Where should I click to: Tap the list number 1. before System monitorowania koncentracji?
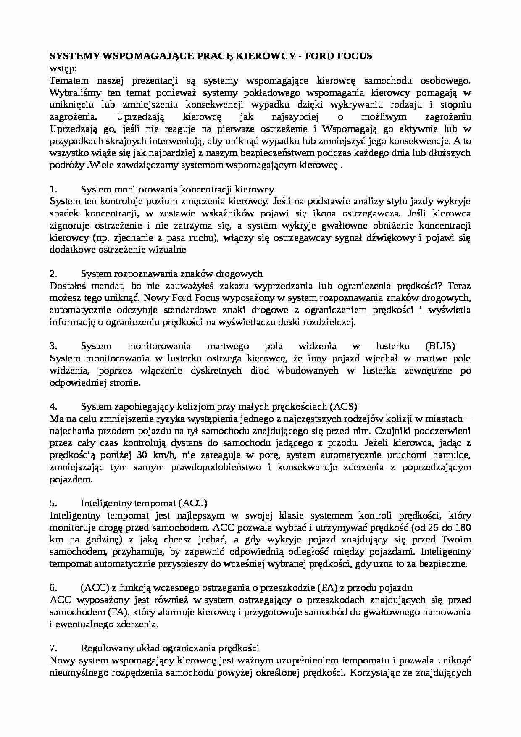pos(53,189)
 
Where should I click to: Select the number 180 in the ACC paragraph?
pos(463,528)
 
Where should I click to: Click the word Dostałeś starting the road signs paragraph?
pos(68,286)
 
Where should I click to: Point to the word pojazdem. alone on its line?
pos(70,479)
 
